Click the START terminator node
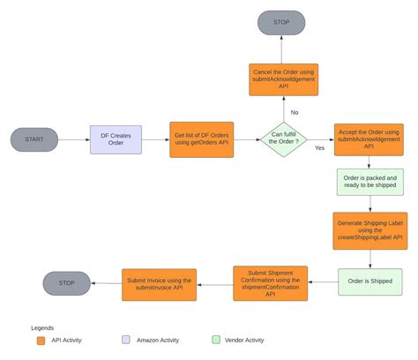(x=34, y=139)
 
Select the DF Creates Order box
(x=116, y=139)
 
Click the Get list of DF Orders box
(x=202, y=139)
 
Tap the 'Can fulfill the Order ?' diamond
(x=283, y=139)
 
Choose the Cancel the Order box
(x=283, y=79)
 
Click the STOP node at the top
(x=282, y=22)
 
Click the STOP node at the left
(x=67, y=282)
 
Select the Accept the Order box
(x=369, y=139)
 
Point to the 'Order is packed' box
(x=369, y=183)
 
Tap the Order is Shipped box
(x=369, y=282)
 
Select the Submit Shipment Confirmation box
(x=270, y=282)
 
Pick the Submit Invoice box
(x=159, y=282)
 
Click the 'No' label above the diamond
(x=294, y=112)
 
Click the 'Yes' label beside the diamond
(x=318, y=148)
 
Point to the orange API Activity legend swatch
(x=41, y=340)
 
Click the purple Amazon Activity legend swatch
(x=127, y=340)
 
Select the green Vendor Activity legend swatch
(x=216, y=340)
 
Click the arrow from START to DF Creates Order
(x=74, y=139)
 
